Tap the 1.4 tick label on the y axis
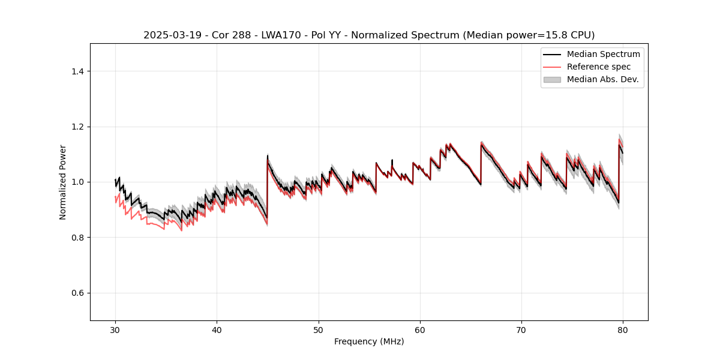(77, 71)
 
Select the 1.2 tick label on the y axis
(77, 127)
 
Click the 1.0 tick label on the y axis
(77, 182)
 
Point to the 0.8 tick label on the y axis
(77, 238)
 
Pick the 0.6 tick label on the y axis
(77, 293)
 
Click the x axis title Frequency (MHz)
(369, 341)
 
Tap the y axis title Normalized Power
(63, 182)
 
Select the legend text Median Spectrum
(603, 54)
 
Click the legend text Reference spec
(599, 67)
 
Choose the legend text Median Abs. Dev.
(602, 79)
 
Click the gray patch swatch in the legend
(552, 79)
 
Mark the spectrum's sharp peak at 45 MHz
(268, 156)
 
